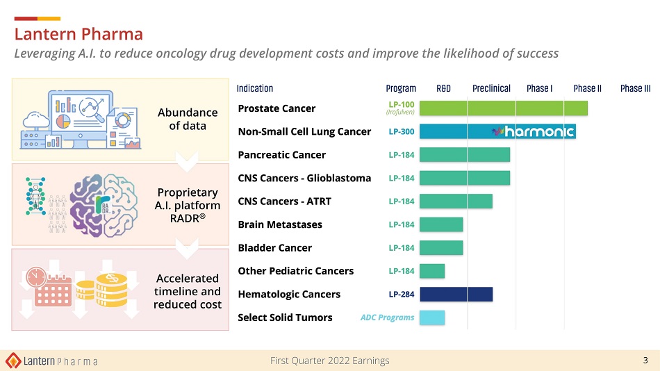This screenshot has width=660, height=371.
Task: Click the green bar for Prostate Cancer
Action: click(504, 108)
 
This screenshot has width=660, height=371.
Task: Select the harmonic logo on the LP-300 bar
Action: click(533, 131)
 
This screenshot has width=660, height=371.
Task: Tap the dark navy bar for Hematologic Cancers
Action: click(456, 294)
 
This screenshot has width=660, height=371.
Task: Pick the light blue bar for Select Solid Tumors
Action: click(432, 318)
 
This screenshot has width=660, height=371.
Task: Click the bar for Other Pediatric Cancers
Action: click(432, 271)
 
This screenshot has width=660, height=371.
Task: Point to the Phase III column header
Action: click(635, 88)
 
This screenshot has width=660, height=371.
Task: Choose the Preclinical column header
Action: click(491, 88)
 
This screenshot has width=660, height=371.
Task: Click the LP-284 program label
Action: click(402, 294)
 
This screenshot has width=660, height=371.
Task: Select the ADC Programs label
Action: click(387, 318)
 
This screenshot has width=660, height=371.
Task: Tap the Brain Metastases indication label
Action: click(275, 224)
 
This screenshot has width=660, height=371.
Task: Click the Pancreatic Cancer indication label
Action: click(281, 155)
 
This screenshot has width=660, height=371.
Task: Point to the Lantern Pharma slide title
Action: click(79, 33)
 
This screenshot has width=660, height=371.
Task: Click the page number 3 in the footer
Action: click(645, 360)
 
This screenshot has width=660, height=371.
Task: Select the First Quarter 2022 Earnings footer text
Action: click(329, 361)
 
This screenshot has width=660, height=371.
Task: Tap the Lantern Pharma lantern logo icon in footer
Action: click(13, 361)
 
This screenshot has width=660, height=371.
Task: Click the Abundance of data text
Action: click(188, 119)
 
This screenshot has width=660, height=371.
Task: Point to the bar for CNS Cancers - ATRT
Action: click(456, 201)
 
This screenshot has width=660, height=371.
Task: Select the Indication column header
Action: click(255, 88)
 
